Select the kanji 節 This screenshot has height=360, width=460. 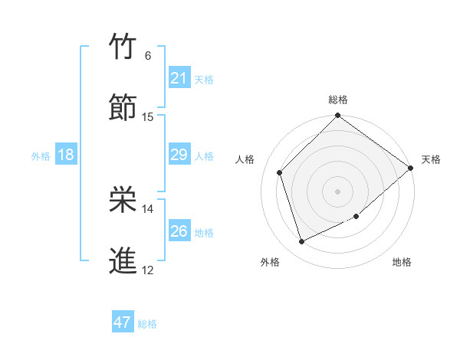(123, 108)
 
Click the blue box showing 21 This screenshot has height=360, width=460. (179, 78)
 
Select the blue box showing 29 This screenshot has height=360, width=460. (179, 155)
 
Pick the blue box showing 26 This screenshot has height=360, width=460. (179, 231)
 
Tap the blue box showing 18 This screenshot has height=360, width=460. (66, 155)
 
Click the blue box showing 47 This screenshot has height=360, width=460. (123, 322)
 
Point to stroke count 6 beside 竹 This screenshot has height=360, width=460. (148, 56)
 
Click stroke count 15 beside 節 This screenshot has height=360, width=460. (148, 117)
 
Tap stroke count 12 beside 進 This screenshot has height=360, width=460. (148, 270)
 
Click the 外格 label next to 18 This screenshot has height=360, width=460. (41, 156)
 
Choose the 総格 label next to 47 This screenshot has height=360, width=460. (147, 324)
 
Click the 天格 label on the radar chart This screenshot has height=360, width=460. (431, 159)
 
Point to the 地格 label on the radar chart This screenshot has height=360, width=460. (402, 262)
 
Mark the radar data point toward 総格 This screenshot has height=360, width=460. (337, 116)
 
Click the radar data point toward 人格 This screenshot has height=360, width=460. (280, 172)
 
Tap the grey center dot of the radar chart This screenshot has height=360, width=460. (337, 191)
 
